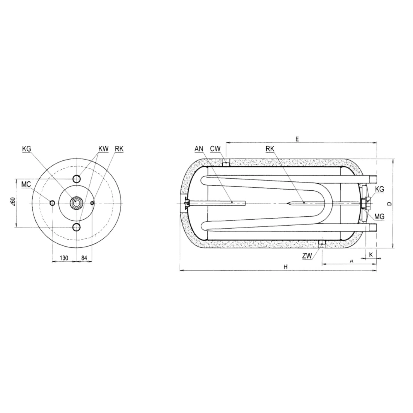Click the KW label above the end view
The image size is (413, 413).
(x=103, y=149)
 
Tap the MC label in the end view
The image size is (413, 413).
(x=26, y=184)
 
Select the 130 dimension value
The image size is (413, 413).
(x=64, y=258)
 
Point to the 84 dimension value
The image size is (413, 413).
(x=84, y=258)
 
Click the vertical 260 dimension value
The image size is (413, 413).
(x=14, y=202)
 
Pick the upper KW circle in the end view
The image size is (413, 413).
(x=77, y=179)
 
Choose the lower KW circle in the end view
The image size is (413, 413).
(x=77, y=227)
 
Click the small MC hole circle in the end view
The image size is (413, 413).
(x=53, y=203)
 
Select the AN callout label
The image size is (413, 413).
(x=199, y=149)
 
